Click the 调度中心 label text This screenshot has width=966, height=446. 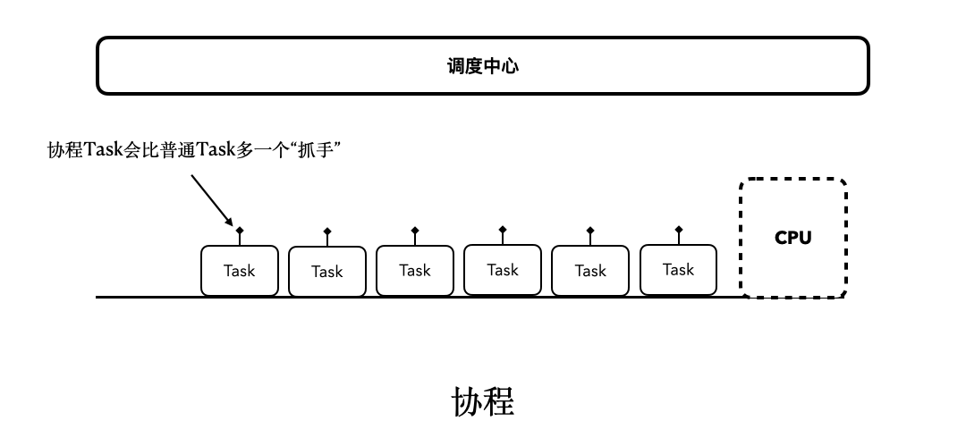click(483, 66)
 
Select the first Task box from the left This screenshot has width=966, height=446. click(239, 271)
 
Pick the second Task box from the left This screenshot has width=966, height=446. click(326, 272)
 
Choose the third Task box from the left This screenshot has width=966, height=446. click(414, 270)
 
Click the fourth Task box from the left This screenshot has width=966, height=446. click(502, 270)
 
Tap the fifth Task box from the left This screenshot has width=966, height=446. click(589, 271)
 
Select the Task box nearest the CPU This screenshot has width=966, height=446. click(678, 270)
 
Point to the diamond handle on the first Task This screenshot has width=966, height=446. click(240, 231)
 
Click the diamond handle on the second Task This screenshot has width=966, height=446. click(327, 231)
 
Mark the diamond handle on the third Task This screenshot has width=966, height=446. click(415, 231)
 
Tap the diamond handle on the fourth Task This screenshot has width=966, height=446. click(503, 230)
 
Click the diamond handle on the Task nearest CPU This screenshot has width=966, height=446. click(679, 230)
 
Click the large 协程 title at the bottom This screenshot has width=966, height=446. click(483, 402)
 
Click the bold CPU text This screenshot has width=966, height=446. click(792, 238)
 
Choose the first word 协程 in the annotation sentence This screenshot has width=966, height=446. click(65, 149)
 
